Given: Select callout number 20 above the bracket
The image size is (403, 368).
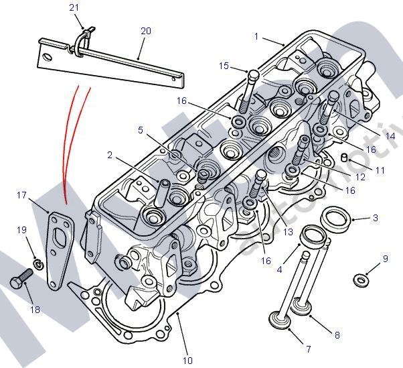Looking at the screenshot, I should (146, 31).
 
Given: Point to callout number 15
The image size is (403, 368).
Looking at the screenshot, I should (224, 66).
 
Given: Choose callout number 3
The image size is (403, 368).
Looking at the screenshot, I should (376, 218).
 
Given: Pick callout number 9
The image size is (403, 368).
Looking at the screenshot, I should (385, 258).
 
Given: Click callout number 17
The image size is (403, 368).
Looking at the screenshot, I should (21, 195).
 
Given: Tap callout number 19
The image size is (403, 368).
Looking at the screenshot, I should (21, 230).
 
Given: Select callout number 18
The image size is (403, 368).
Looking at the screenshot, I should (35, 310).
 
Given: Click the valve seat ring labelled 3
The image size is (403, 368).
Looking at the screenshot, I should (335, 217).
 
